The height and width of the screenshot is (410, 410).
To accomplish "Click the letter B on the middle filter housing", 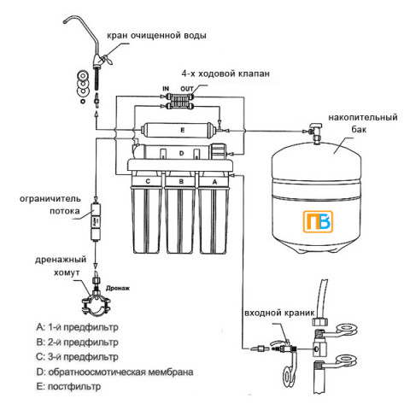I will (x=181, y=181).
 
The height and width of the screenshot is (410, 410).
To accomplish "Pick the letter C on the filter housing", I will (x=149, y=181).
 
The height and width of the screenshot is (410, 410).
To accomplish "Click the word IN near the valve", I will (x=165, y=89).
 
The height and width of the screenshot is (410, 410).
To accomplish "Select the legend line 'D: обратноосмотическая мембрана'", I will (x=114, y=372).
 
